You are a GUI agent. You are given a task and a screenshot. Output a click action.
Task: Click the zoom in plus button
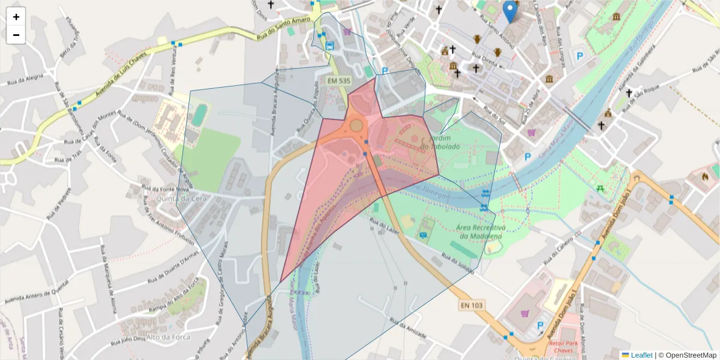(x=16, y=17)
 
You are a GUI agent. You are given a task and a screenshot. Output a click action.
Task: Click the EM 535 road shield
(x=339, y=80)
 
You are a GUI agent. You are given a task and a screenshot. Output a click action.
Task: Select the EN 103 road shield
(x=472, y=305)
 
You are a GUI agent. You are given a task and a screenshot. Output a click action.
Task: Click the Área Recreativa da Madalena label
(x=479, y=232)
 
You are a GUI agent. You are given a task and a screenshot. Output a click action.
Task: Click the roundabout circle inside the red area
(x=356, y=125)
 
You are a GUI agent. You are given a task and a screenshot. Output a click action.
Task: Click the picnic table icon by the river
(x=599, y=188)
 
